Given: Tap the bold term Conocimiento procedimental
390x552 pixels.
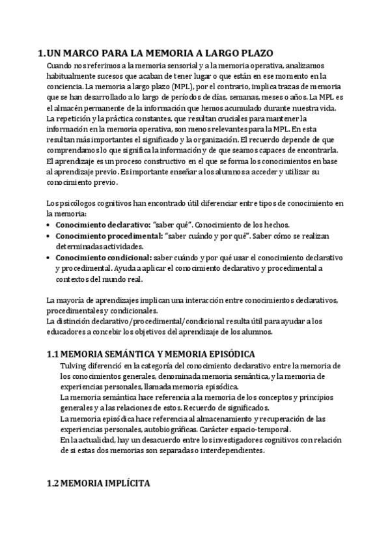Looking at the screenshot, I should pos(99,236).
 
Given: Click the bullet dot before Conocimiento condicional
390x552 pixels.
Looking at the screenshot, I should pos(50,258).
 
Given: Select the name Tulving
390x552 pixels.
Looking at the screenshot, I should pos(72,366).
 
